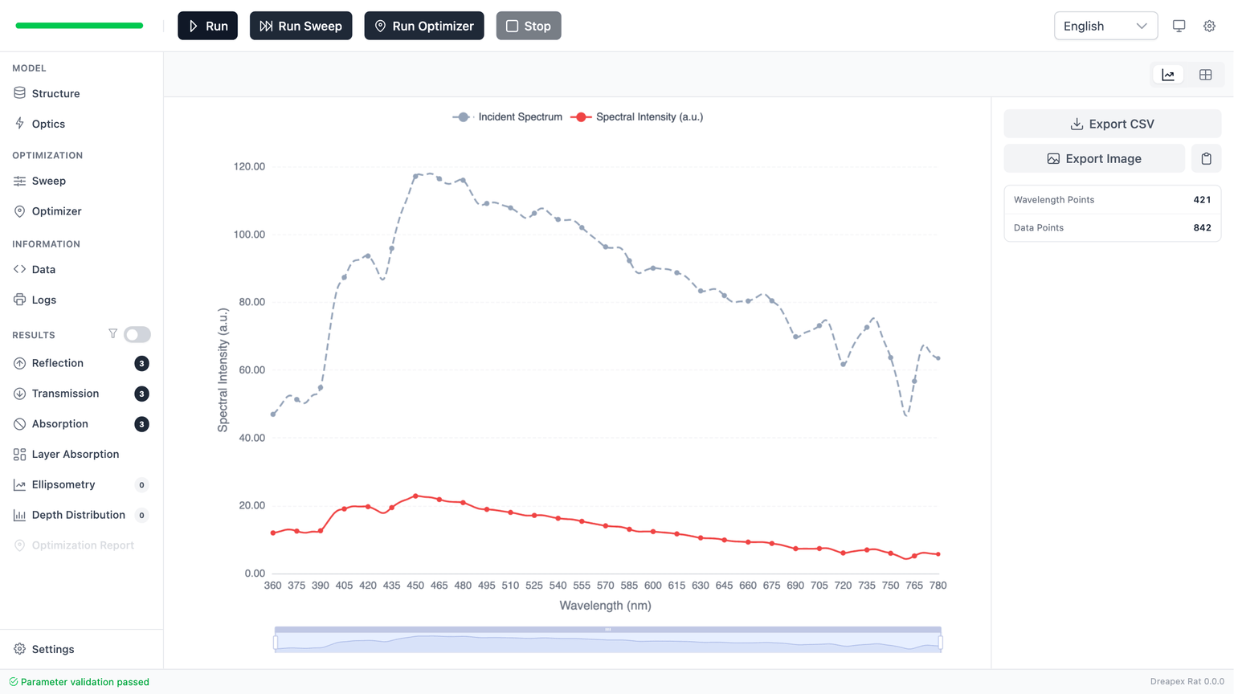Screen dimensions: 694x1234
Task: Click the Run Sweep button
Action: click(300, 26)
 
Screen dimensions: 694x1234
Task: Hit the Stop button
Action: click(528, 26)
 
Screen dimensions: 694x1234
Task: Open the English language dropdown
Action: click(1105, 26)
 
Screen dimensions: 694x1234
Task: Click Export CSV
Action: click(1112, 124)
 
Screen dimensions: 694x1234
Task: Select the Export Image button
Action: click(1093, 159)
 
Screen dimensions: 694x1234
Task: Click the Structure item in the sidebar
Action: click(55, 93)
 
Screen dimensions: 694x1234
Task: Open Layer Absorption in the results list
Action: click(75, 454)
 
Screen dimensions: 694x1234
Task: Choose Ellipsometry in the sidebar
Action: click(63, 484)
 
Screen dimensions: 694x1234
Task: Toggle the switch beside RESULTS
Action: click(137, 334)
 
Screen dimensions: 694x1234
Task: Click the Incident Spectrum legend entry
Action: click(508, 117)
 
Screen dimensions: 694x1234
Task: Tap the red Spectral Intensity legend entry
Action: click(637, 117)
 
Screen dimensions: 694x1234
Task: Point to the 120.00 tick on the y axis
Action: click(249, 166)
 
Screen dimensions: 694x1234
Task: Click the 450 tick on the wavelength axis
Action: click(415, 586)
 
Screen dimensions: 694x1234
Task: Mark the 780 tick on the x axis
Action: click(938, 586)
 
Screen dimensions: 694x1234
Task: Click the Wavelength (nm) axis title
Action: click(605, 606)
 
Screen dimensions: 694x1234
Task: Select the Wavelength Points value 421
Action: click(1202, 200)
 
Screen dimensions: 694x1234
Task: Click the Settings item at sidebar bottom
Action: click(53, 649)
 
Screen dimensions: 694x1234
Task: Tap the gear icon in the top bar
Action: click(1209, 26)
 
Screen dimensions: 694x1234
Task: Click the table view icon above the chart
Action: click(1205, 75)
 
